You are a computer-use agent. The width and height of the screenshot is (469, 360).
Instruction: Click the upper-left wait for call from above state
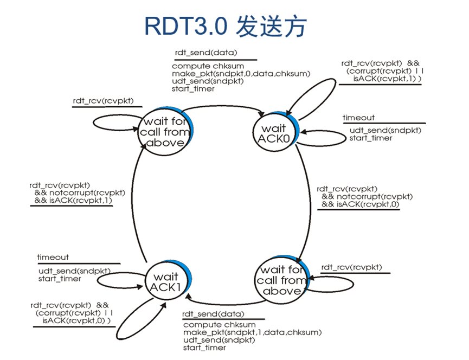tap(165, 132)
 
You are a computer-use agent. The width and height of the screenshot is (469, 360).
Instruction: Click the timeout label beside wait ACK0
tap(358, 118)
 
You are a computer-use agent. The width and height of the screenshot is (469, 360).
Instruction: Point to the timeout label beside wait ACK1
tap(53, 257)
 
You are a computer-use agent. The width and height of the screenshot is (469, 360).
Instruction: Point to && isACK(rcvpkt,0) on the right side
tap(361, 204)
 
